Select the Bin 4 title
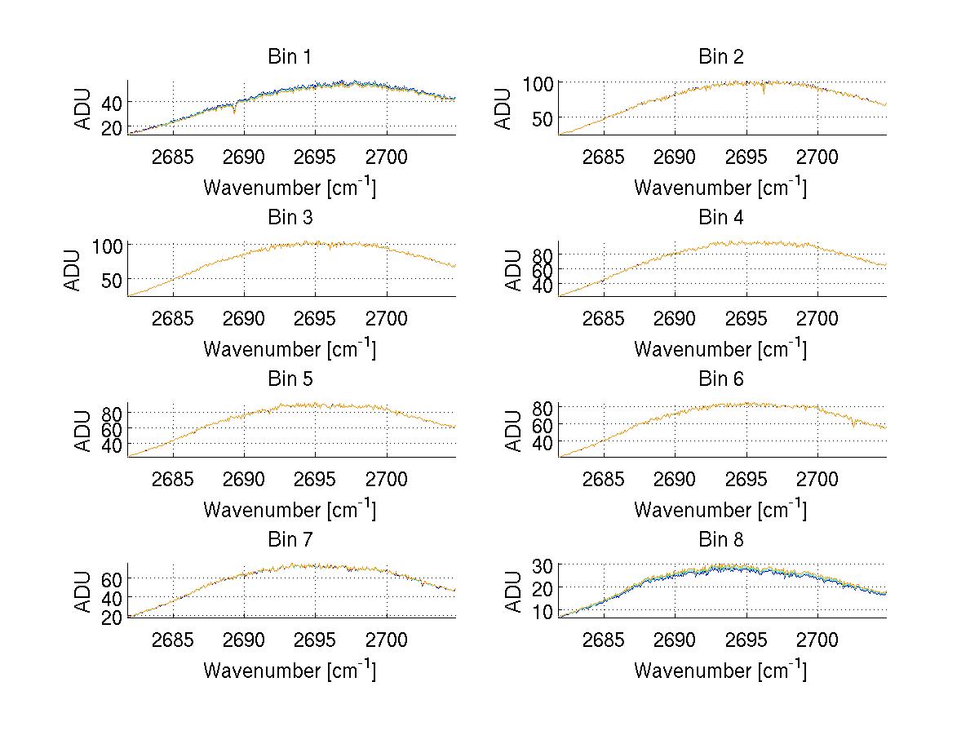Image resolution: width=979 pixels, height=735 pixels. click(721, 218)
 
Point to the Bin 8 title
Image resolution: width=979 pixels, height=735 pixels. click(721, 540)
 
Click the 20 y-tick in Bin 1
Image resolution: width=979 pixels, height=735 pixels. click(111, 127)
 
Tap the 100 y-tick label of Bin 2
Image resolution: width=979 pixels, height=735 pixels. click(538, 83)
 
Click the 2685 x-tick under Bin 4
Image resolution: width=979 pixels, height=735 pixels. click(604, 318)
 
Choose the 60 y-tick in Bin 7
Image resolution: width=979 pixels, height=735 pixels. click(111, 578)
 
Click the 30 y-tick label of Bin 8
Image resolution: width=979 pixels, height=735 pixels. click(543, 565)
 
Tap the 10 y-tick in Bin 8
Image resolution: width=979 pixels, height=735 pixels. click(543, 610)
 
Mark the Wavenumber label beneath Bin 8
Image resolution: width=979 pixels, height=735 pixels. click(720, 671)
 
